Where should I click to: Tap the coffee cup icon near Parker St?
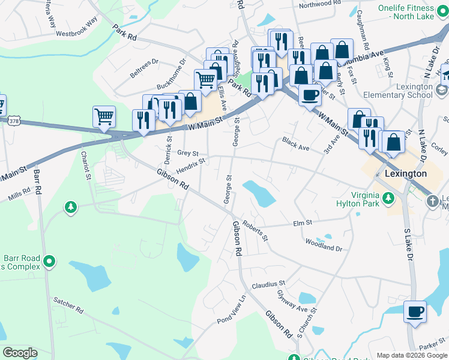click(x=414, y=313)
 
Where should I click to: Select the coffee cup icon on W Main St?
click(x=310, y=95)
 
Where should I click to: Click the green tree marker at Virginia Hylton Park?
click(x=388, y=197)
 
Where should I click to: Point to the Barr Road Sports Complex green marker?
click(x=50, y=262)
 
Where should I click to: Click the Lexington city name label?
click(x=405, y=173)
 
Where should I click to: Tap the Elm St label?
click(x=303, y=223)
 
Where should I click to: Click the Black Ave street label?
click(x=296, y=145)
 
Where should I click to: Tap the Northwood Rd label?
click(x=323, y=4)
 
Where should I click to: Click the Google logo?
click(x=20, y=353)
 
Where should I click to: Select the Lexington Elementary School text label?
click(x=414, y=91)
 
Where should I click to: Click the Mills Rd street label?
click(x=19, y=197)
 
